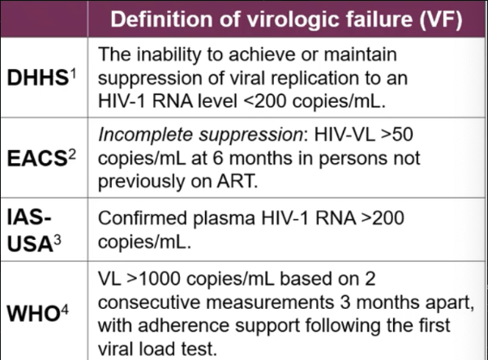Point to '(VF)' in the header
click(434, 19)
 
